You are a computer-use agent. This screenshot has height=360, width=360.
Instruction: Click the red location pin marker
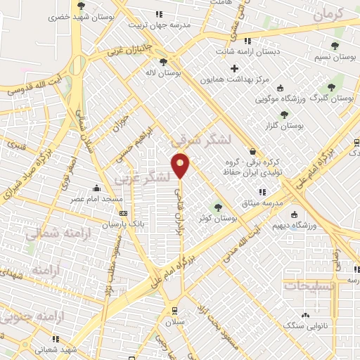pos(181,165)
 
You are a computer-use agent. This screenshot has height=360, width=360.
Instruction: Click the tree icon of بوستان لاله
pos(163,62)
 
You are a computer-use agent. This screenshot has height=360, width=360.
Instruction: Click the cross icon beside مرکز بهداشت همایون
pos(234,68)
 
